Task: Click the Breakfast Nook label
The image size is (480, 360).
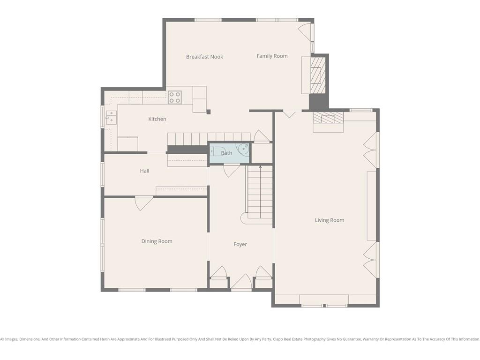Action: (204, 57)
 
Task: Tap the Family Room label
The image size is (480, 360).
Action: (272, 56)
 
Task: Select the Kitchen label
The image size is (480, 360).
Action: (157, 119)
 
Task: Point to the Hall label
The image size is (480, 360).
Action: (144, 171)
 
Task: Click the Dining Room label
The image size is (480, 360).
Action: (157, 241)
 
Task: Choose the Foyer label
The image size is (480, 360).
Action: (240, 244)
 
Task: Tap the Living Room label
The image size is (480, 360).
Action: (330, 220)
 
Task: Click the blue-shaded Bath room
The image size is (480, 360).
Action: (229, 153)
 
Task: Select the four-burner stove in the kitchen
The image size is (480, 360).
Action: (174, 97)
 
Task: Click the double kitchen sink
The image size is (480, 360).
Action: (111, 118)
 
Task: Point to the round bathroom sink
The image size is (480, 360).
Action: (244, 149)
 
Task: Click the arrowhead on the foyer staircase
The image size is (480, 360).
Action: (260, 167)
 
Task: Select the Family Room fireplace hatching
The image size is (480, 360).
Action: (318, 75)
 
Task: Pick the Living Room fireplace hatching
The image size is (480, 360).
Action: (328, 118)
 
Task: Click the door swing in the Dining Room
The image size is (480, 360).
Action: (144, 203)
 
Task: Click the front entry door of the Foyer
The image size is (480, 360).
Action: (241, 282)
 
